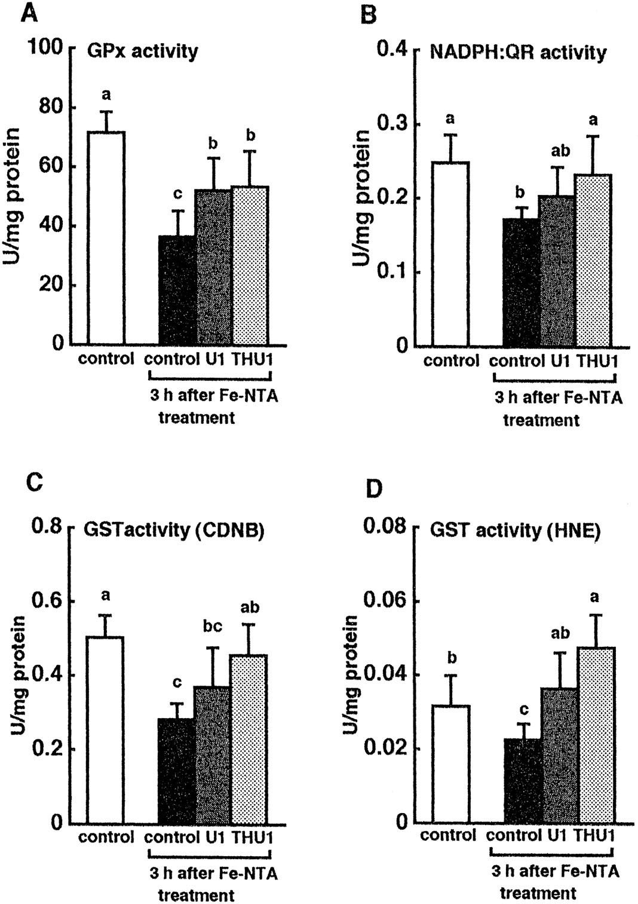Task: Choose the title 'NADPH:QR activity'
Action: tap(518, 53)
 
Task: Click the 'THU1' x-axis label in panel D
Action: tap(594, 835)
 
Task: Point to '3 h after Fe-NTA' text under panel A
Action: tap(213, 396)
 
